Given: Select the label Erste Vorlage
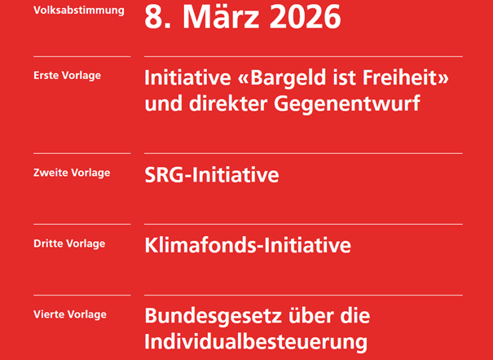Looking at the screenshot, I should pos(67,76).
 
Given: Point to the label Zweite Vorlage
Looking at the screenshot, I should pos(72,173).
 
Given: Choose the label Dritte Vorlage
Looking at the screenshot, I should pos(68,244).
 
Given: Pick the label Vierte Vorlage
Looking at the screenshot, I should pos(69,314).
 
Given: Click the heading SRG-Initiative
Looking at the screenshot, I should pos(212,175).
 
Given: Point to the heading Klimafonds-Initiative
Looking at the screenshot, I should pos(248,245).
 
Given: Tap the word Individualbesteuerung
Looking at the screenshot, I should pos(256,340).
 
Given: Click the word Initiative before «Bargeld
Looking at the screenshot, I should pos(183,79).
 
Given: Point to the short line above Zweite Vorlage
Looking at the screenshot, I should pos(81,153).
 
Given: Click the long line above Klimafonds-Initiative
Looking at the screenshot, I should pos(303,224).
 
